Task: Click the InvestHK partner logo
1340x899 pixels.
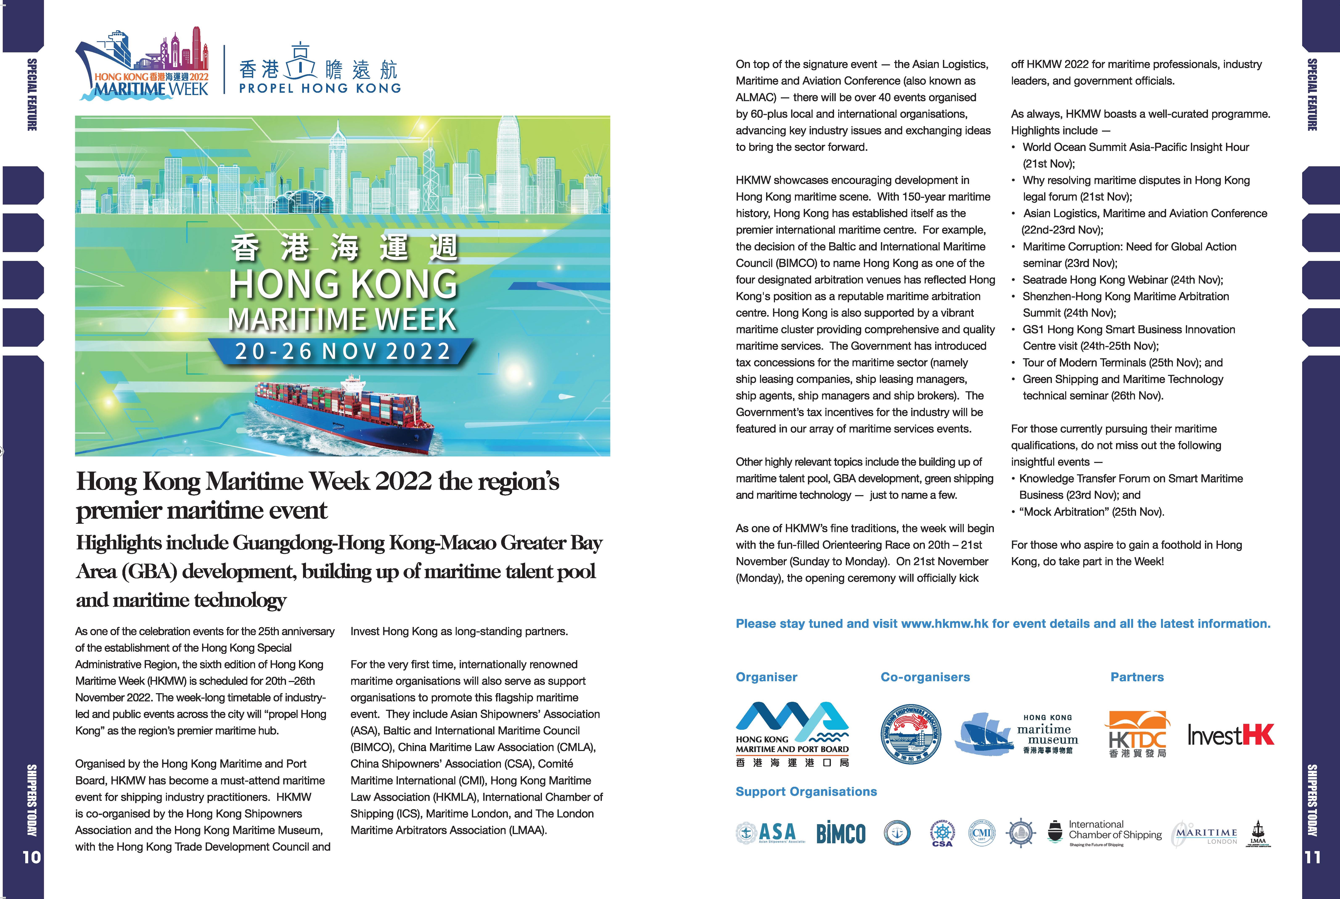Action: tap(1230, 735)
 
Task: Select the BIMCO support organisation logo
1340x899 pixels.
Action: tap(841, 833)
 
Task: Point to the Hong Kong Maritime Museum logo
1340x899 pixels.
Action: tap(1016, 734)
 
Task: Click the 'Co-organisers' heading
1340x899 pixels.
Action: tap(925, 677)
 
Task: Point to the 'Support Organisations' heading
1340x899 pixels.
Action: tap(806, 792)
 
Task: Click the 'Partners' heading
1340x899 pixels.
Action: tap(1137, 677)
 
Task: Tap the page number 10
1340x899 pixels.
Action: tap(32, 857)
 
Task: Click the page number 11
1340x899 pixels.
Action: tap(1312, 857)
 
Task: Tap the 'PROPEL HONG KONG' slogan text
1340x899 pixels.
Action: tap(320, 88)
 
